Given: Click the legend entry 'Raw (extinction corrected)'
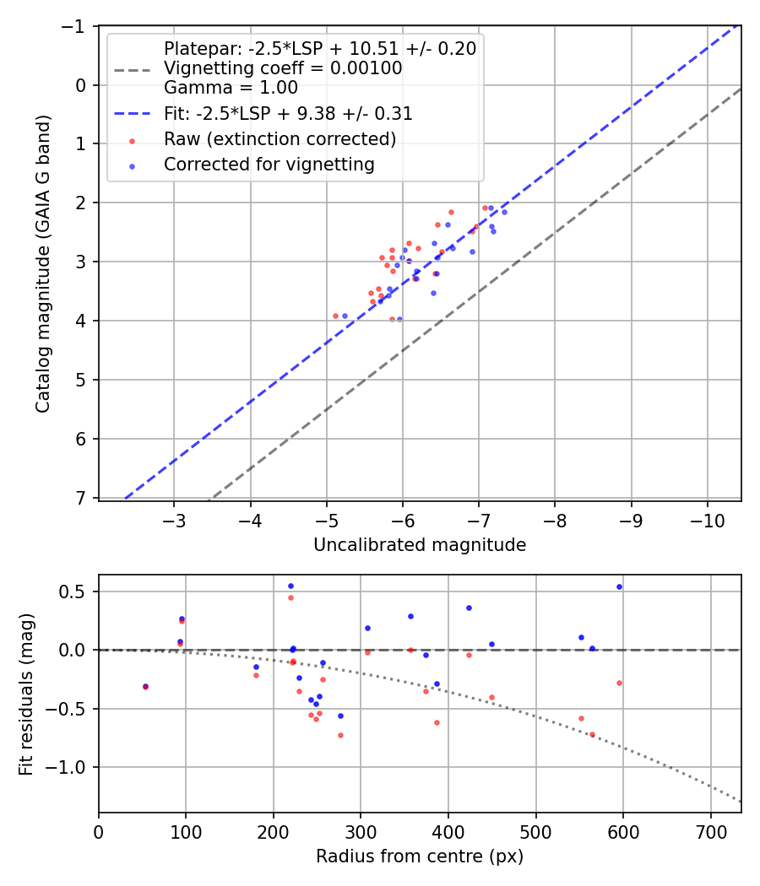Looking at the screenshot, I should pyautogui.click(x=280, y=138).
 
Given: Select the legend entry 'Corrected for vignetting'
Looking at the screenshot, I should pyautogui.click(x=269, y=165).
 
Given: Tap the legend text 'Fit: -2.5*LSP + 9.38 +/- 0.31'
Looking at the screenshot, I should pyautogui.click(x=288, y=113).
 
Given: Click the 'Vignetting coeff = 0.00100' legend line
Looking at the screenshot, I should pyautogui.click(x=283, y=68).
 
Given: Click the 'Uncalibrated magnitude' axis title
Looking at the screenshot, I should pyautogui.click(x=420, y=545).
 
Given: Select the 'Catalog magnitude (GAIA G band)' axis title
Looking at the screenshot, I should pyautogui.click(x=43, y=263).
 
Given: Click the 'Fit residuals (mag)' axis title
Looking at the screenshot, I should pyautogui.click(x=26, y=693).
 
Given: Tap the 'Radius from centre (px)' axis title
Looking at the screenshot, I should pyautogui.click(x=420, y=856).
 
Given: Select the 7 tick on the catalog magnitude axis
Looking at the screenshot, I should pyautogui.click(x=82, y=498).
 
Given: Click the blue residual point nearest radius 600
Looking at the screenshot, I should pyautogui.click(x=619, y=586).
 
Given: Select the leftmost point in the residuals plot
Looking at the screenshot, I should pyautogui.click(x=145, y=686).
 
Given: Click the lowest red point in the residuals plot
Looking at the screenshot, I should pyautogui.click(x=340, y=735).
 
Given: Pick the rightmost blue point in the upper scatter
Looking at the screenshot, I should pyautogui.click(x=504, y=212).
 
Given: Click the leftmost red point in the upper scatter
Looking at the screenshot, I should pyautogui.click(x=335, y=316).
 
